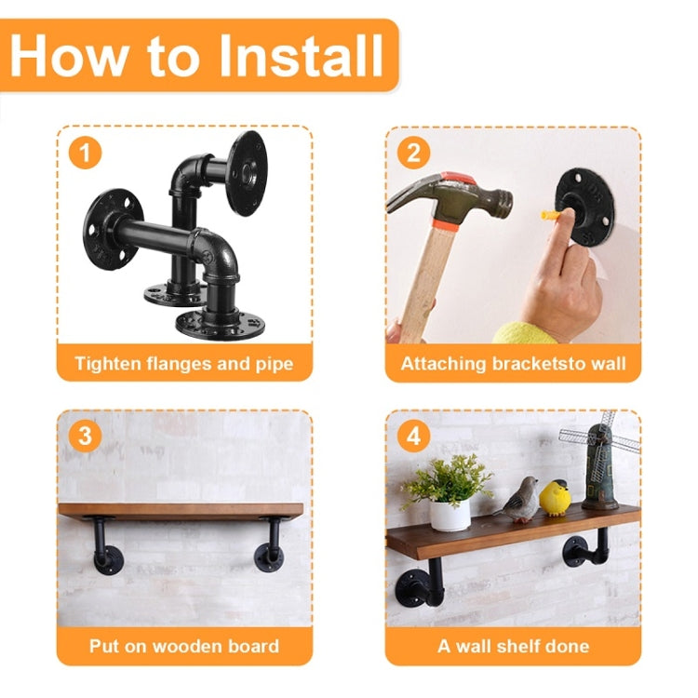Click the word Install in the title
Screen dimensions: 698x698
click(x=301, y=55)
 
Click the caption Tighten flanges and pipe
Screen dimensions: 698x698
click(x=183, y=363)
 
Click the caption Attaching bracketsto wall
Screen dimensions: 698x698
click(x=513, y=363)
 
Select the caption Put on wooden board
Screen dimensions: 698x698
click(x=183, y=645)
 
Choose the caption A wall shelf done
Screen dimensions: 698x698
click(x=513, y=645)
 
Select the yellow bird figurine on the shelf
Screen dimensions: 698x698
click(x=556, y=498)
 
